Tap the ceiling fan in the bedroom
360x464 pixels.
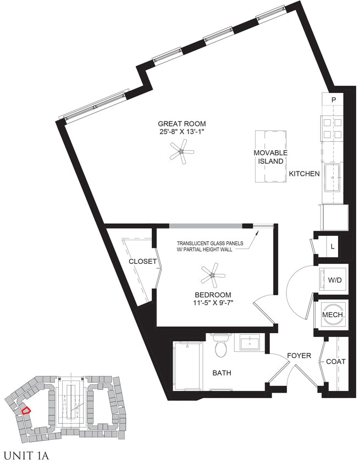(212, 273)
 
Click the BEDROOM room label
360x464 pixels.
(213, 294)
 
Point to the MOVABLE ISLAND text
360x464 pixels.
(271, 157)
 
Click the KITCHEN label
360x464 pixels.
(304, 174)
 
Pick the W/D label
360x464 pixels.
(335, 280)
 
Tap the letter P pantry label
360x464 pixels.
(334, 100)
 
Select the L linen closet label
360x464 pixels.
(333, 247)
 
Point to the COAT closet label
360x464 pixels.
(336, 361)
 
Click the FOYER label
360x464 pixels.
(299, 356)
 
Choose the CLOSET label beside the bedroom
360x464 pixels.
(142, 262)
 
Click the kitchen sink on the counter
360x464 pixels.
(333, 179)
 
